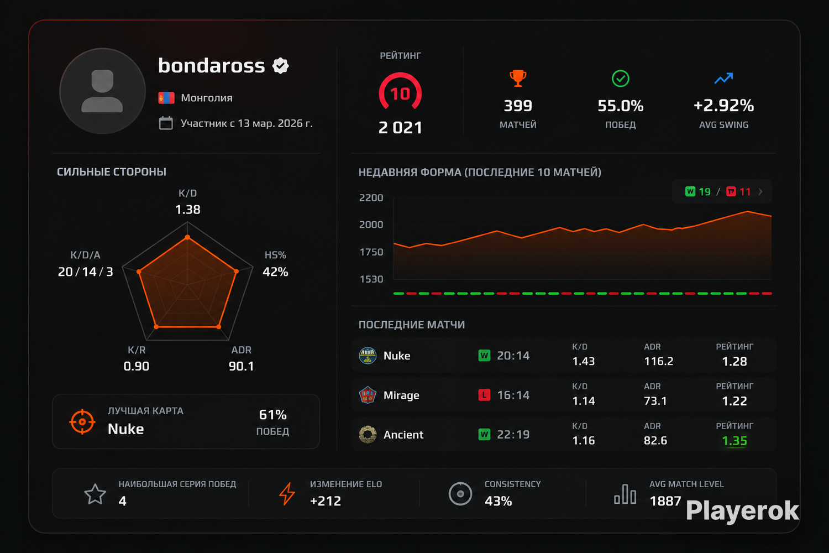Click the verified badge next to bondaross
pos(280,66)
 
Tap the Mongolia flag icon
pos(166,98)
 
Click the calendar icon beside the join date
pos(166,123)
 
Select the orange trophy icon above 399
pos(518,79)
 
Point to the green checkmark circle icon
pos(620,79)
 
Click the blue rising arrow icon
pos(723,78)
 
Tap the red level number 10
pos(400,94)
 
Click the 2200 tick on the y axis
pos(371,198)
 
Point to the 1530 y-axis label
pos(371,279)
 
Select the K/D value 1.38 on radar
pos(188,210)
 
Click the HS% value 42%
pos(275,272)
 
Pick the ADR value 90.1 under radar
pos(241,366)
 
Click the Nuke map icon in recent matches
pos(368,356)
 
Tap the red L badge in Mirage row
pos(484,395)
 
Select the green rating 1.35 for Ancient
pos(734,441)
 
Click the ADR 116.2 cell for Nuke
pos(658,361)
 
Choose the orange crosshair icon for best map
pos(82,421)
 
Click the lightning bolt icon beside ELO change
pos(287,494)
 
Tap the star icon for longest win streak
pos(95,494)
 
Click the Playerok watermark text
pos(742,511)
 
